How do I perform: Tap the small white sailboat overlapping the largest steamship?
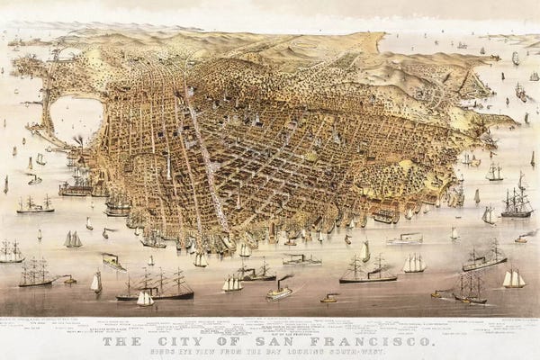pyautogui.click(x=144, y=298)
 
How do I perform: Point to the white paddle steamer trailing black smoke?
pyautogui.click(x=280, y=290)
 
